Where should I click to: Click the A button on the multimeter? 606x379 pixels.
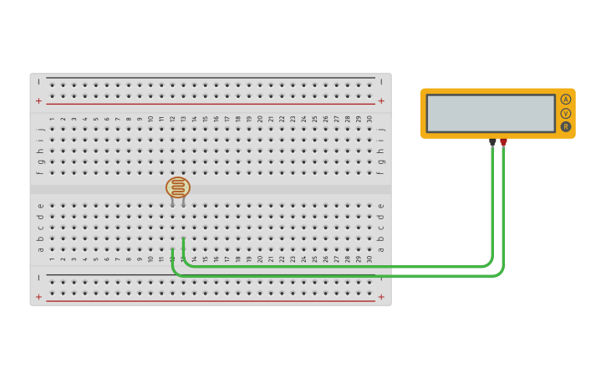point(566,100)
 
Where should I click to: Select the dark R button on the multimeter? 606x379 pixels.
point(566,126)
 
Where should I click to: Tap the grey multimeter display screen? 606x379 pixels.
point(490,113)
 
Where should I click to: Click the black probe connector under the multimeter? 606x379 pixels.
point(492,142)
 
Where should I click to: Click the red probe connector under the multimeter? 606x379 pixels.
point(503,142)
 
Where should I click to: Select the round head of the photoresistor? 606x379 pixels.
point(178,187)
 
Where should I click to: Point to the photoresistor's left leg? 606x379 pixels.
point(173,202)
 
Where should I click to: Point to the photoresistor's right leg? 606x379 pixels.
point(183,202)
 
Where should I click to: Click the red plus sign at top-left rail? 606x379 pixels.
point(38,100)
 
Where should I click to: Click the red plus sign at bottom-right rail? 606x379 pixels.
point(381,297)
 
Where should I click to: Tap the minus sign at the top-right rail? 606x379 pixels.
point(381,82)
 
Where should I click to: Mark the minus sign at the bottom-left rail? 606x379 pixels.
point(38,278)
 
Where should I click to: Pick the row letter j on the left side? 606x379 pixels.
point(39,130)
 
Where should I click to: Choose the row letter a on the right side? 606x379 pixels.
point(381,248)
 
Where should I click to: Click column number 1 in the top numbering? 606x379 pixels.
point(52,119)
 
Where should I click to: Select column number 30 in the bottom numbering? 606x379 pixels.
point(369,259)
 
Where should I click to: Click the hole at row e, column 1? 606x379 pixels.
point(52,206)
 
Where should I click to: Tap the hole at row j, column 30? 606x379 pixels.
point(369,130)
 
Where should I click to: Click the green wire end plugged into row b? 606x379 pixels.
point(183,238)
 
